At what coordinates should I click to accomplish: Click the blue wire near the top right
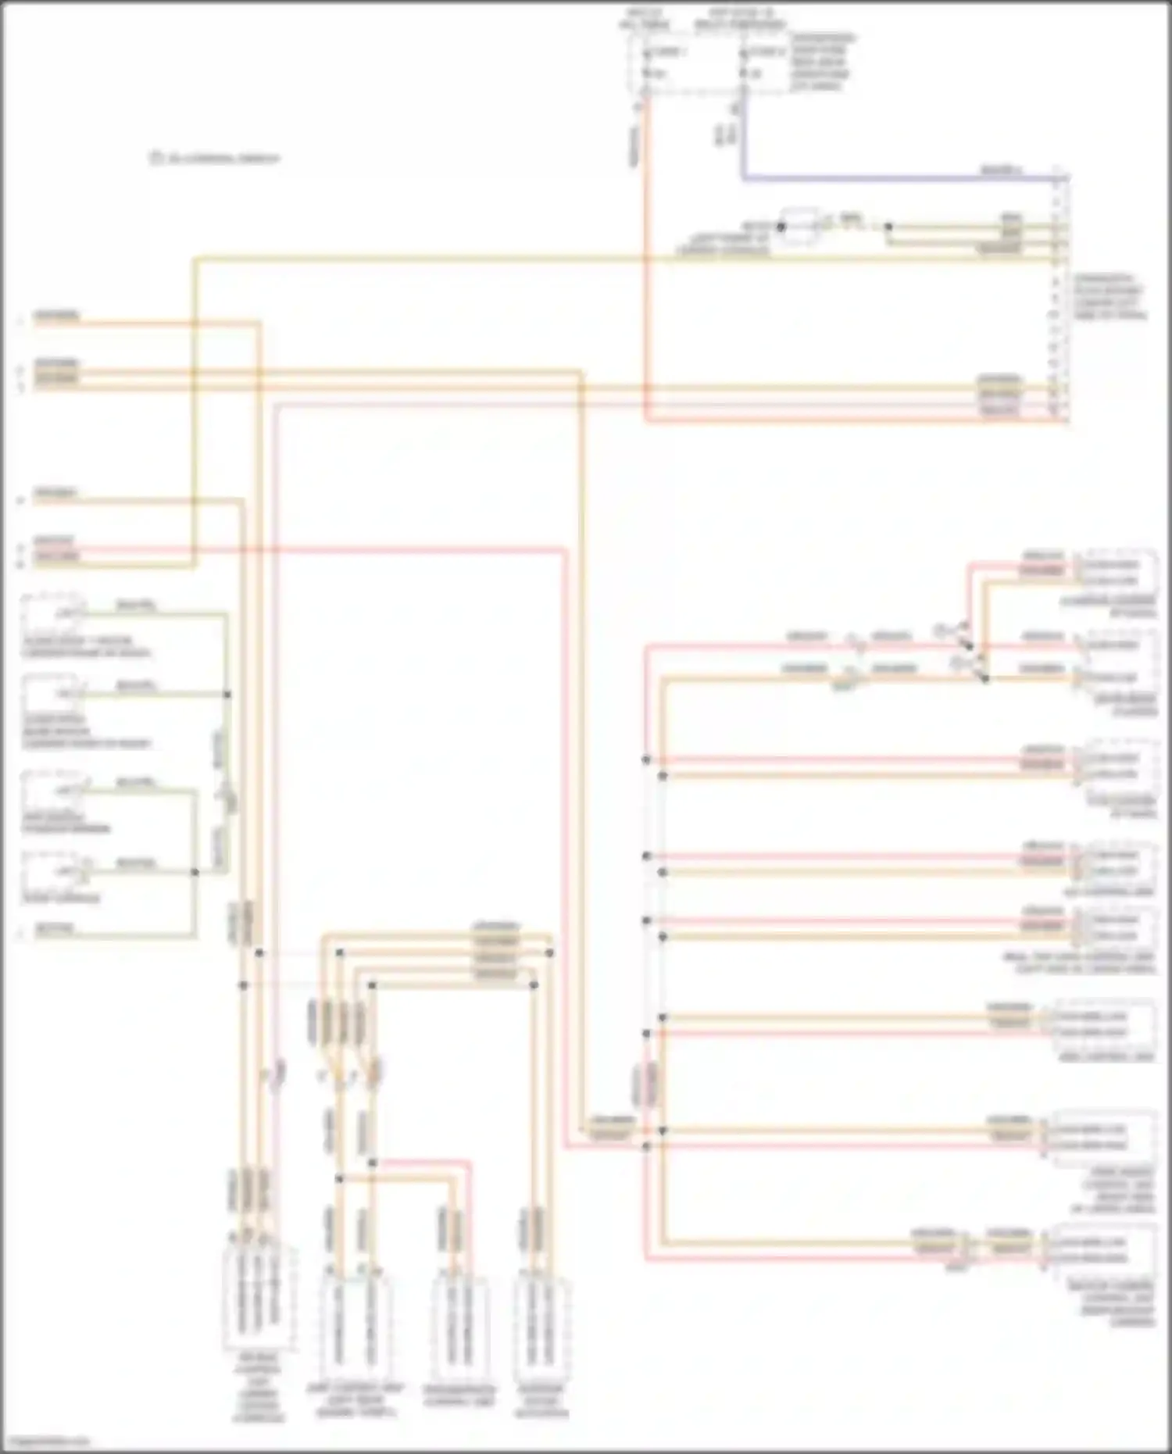point(859,179)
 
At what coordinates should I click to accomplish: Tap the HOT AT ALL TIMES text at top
point(643,19)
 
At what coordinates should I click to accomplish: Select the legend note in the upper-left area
point(214,159)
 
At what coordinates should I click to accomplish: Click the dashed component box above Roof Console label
point(52,870)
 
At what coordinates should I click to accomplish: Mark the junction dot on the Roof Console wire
point(195,872)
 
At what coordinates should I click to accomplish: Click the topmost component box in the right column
point(1117,572)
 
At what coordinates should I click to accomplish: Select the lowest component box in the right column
point(1102,1250)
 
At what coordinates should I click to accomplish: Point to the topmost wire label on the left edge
point(55,316)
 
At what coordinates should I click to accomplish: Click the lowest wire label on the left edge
point(55,930)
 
